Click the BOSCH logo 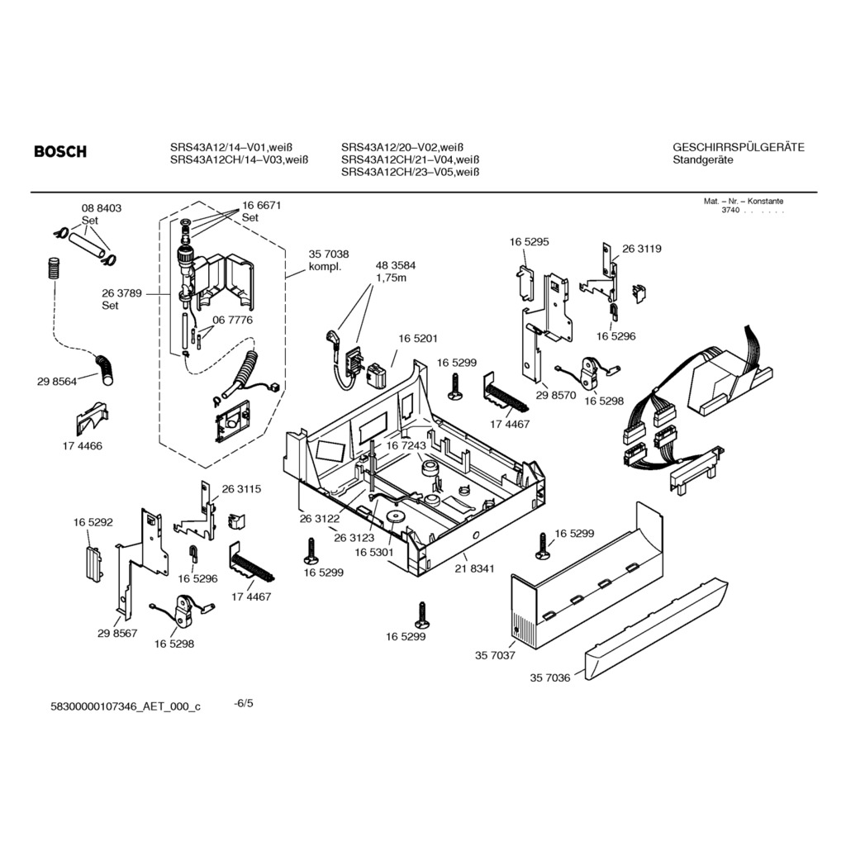(59, 152)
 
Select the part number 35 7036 (549, 677)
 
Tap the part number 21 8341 (474, 568)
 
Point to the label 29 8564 (57, 382)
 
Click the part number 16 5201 (418, 339)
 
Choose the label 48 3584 (396, 265)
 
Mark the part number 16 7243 (406, 445)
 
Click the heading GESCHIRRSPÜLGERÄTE (739, 147)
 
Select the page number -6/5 (244, 704)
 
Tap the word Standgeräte (703, 160)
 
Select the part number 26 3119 (641, 249)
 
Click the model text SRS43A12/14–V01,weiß (231, 147)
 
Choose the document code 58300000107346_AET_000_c (126, 707)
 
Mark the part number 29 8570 (556, 396)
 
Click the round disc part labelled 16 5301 (394, 517)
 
